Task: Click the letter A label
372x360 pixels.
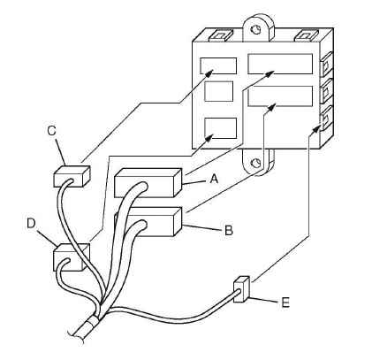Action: point(214,178)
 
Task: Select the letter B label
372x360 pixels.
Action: point(229,230)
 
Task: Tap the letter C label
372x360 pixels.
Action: point(51,131)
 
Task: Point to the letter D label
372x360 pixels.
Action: point(31,224)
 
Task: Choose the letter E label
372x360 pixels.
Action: point(285,303)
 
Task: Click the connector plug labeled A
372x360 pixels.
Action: point(148,182)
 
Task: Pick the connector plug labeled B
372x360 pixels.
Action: point(148,222)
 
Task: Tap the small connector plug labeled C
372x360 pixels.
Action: point(72,176)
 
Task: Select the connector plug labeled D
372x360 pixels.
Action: point(72,257)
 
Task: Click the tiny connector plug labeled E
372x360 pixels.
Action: point(241,289)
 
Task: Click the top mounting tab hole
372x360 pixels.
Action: point(255,29)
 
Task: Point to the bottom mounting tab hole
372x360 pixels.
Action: point(255,163)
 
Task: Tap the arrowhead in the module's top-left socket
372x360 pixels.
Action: point(209,73)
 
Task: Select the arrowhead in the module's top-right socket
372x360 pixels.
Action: point(270,73)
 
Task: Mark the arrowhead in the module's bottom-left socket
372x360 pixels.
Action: point(209,138)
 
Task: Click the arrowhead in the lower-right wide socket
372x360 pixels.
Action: point(270,107)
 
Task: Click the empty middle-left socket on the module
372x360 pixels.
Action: point(219,91)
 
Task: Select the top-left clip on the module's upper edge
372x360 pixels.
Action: point(218,35)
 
